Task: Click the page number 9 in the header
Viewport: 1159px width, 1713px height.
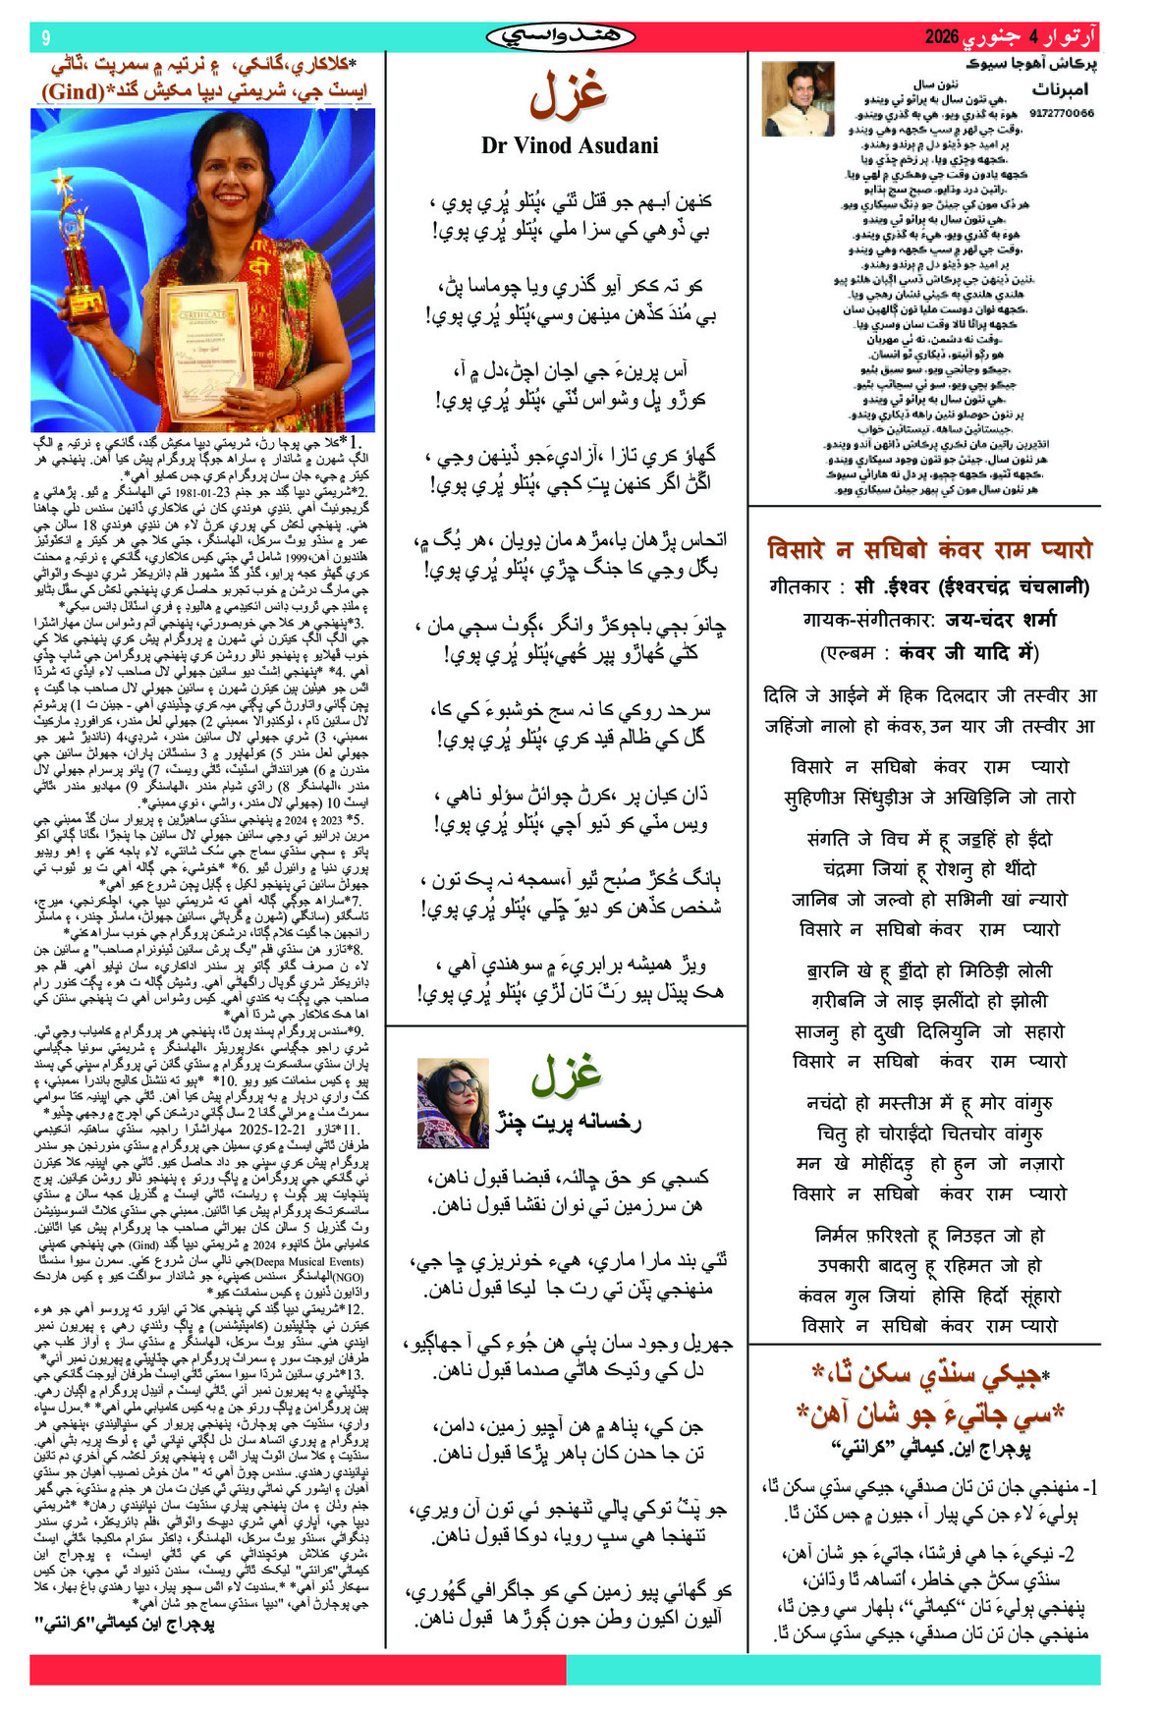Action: tap(45, 37)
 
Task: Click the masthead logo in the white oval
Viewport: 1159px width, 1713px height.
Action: tap(561, 37)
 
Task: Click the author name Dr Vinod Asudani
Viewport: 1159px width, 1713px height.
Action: tap(570, 145)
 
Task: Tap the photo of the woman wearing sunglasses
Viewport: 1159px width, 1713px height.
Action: tap(453, 1102)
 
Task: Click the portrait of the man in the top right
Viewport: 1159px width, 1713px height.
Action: tap(798, 98)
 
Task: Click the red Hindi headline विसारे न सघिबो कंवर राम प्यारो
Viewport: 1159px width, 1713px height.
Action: tap(928, 548)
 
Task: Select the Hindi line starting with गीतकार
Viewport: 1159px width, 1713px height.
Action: tap(928, 587)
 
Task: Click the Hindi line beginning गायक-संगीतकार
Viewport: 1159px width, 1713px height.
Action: tap(928, 620)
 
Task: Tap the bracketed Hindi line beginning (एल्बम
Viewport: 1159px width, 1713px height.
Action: tap(928, 652)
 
